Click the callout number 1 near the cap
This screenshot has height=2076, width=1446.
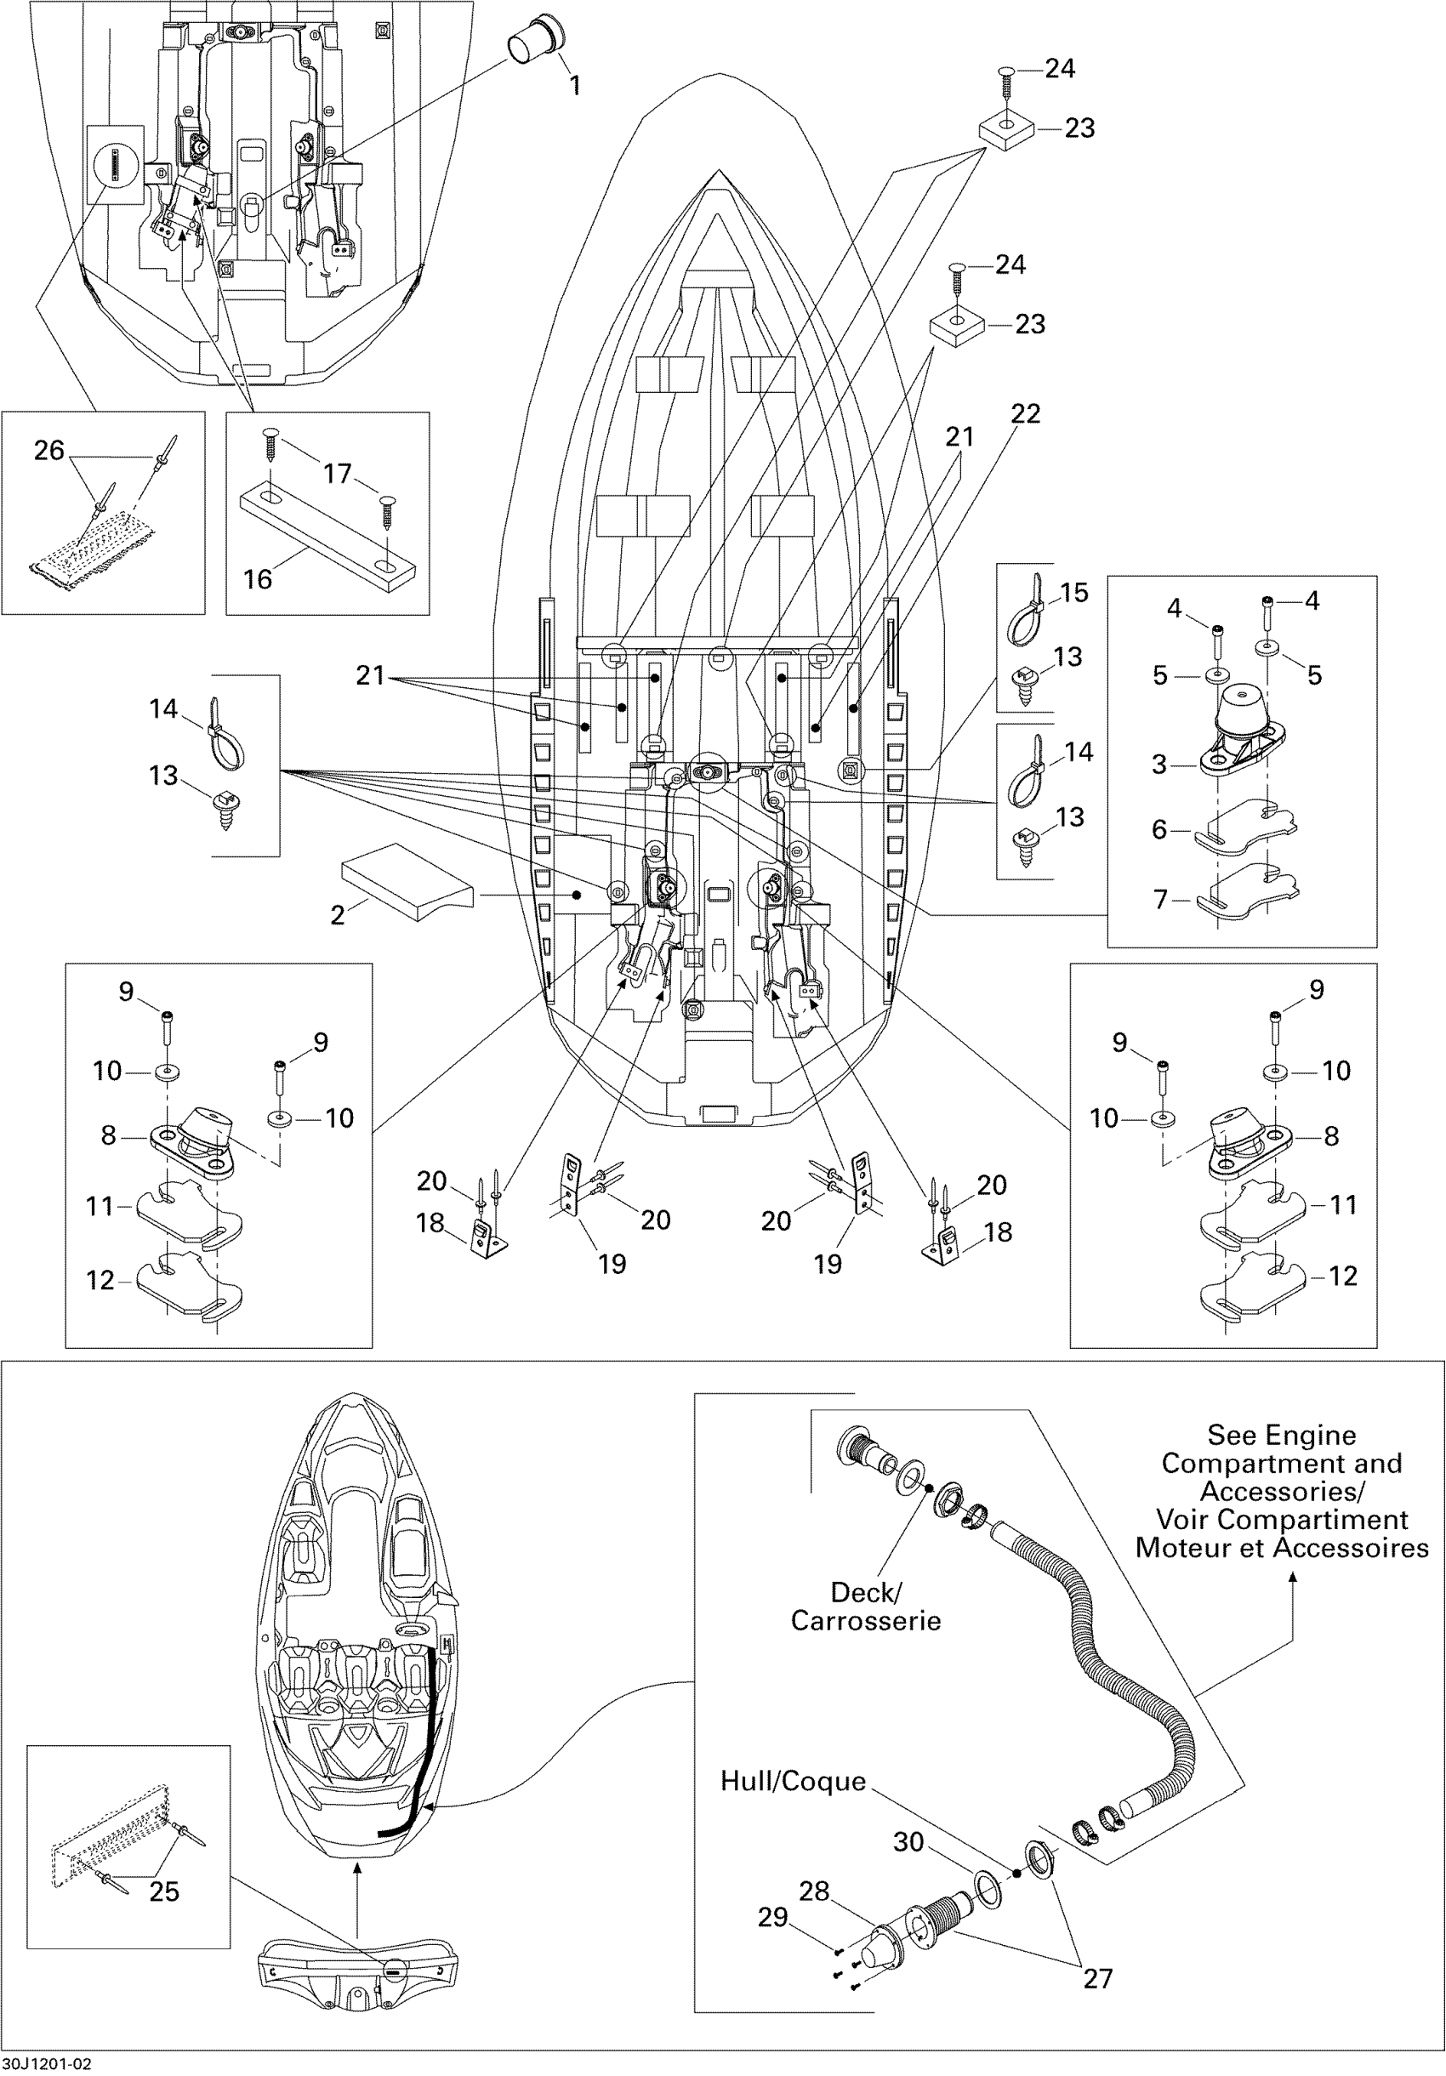click(574, 86)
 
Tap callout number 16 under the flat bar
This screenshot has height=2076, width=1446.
click(258, 578)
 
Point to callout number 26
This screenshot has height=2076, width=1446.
click(48, 450)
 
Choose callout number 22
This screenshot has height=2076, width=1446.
click(1026, 414)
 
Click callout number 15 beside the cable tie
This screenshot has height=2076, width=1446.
click(1073, 592)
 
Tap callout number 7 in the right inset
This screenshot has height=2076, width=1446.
click(1160, 899)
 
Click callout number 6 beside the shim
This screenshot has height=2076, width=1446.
click(1160, 829)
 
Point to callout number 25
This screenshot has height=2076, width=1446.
click(163, 1891)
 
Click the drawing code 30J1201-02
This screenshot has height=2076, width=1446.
click(46, 2064)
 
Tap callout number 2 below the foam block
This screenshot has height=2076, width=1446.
click(338, 915)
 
